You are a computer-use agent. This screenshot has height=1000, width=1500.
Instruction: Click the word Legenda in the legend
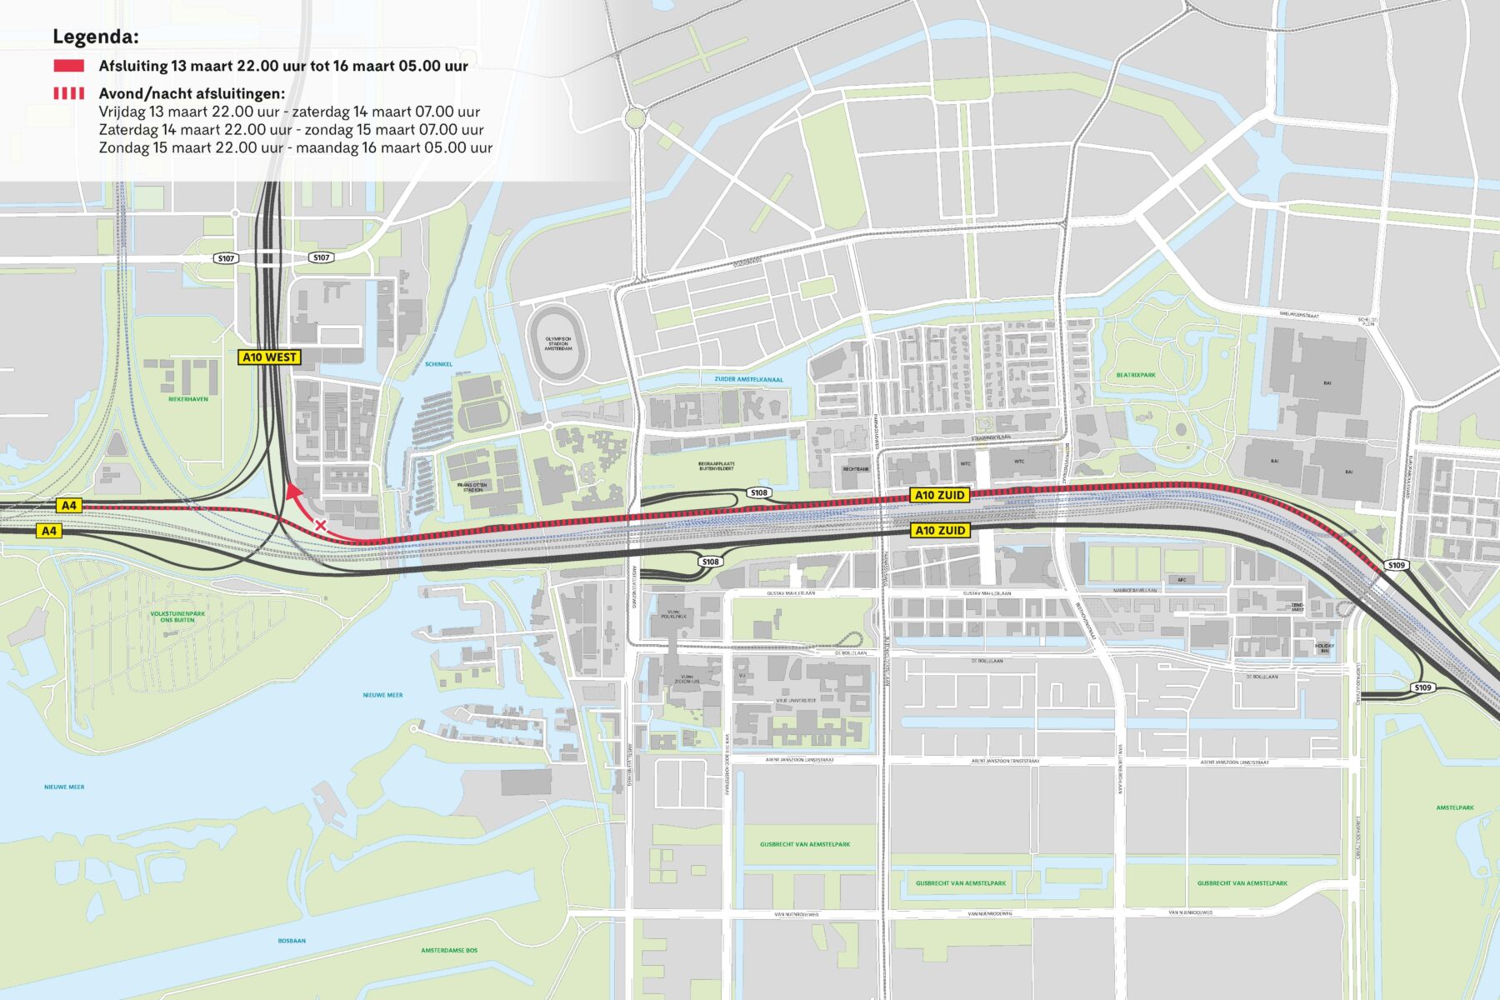(95, 37)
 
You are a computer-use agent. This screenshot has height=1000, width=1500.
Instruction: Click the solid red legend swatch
(68, 66)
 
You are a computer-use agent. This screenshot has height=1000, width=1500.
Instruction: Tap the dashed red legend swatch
(68, 93)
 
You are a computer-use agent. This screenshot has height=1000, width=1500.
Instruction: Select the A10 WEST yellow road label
(269, 357)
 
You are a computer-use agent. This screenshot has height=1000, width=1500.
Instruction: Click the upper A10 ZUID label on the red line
(939, 495)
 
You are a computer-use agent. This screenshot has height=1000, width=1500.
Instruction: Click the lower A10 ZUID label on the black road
(939, 530)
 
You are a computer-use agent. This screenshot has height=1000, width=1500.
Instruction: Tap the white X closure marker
(320, 525)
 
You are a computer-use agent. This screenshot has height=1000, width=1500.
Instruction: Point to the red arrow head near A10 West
(292, 491)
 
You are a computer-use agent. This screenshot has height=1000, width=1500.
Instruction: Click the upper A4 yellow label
(69, 505)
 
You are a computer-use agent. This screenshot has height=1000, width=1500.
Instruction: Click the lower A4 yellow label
(49, 530)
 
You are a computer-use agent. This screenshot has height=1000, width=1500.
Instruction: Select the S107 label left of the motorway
(226, 258)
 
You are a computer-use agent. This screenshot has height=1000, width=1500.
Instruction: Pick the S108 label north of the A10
(758, 492)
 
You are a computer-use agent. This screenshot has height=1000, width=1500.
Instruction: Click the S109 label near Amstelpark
(1422, 687)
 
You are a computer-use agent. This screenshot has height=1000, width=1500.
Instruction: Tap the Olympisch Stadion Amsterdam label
(558, 343)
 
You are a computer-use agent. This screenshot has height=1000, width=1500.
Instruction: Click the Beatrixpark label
(1136, 375)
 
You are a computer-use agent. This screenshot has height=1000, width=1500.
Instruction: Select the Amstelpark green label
(1455, 807)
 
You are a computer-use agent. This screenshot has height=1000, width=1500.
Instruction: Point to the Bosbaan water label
(292, 941)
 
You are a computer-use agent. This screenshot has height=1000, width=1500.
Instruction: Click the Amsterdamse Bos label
(449, 950)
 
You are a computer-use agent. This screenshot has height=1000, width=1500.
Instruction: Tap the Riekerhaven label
(188, 399)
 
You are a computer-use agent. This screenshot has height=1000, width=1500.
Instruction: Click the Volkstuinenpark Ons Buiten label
(177, 617)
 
